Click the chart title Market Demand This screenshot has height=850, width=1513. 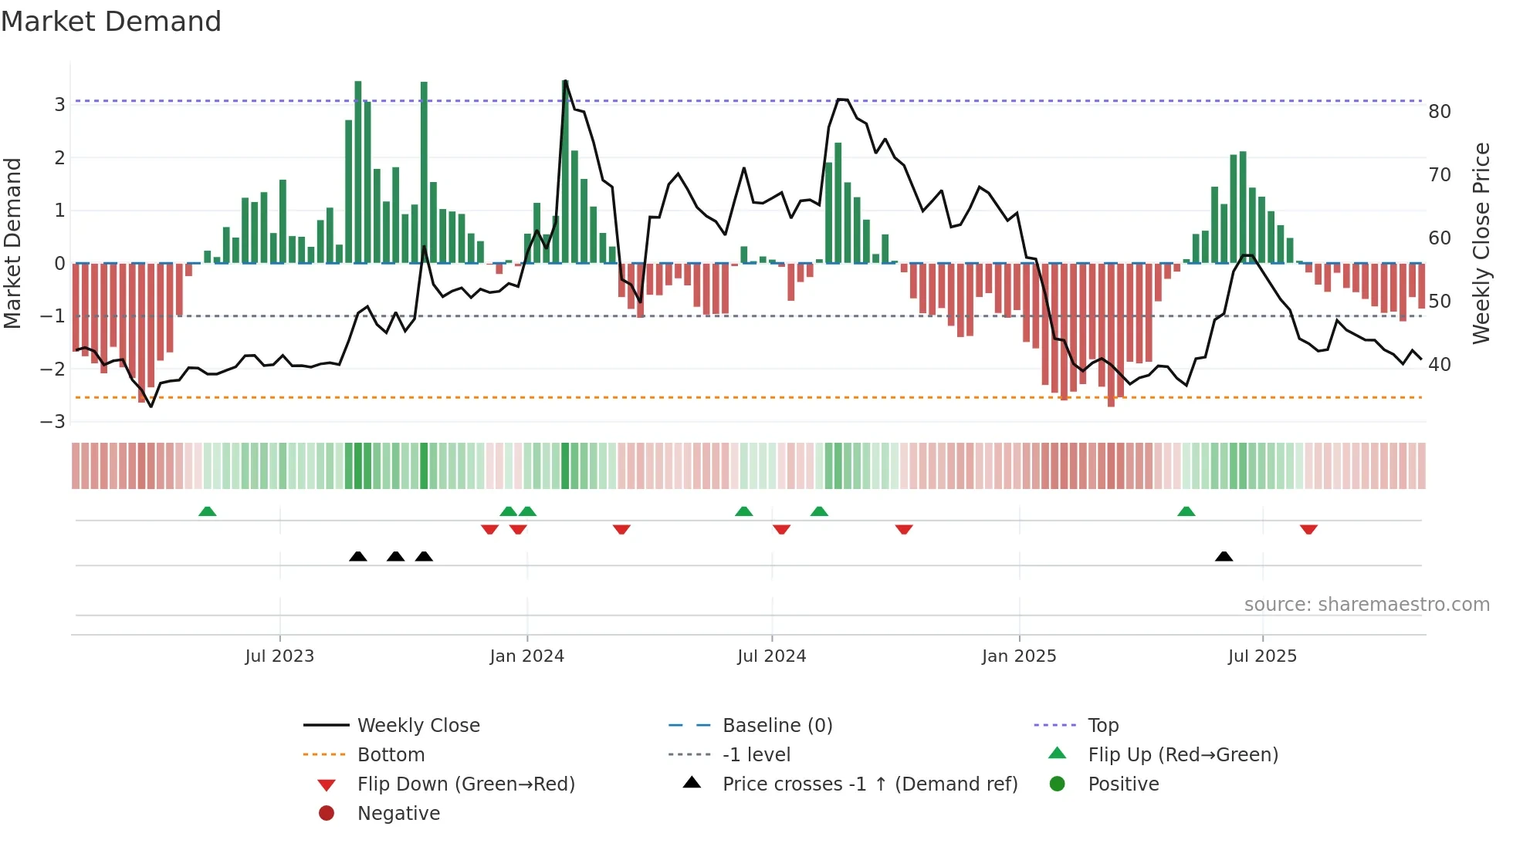click(111, 22)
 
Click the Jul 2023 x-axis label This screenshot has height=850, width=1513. click(279, 656)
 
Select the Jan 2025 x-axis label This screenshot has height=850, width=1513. click(1019, 656)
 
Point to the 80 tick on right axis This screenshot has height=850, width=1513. click(1440, 112)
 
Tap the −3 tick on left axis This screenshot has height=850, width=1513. click(52, 422)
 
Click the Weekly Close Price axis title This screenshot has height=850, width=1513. click(1481, 243)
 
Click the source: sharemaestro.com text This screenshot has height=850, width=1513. click(1366, 605)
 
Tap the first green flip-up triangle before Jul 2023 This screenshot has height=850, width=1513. click(207, 511)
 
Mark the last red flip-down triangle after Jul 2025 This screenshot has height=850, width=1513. click(1308, 529)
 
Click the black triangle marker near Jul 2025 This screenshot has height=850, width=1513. click(1224, 556)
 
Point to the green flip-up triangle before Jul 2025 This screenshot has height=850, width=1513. click(1186, 511)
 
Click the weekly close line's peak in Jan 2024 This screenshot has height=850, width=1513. click(565, 81)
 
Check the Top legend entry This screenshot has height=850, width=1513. click(1103, 726)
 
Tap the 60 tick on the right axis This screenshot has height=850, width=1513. click(1440, 238)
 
